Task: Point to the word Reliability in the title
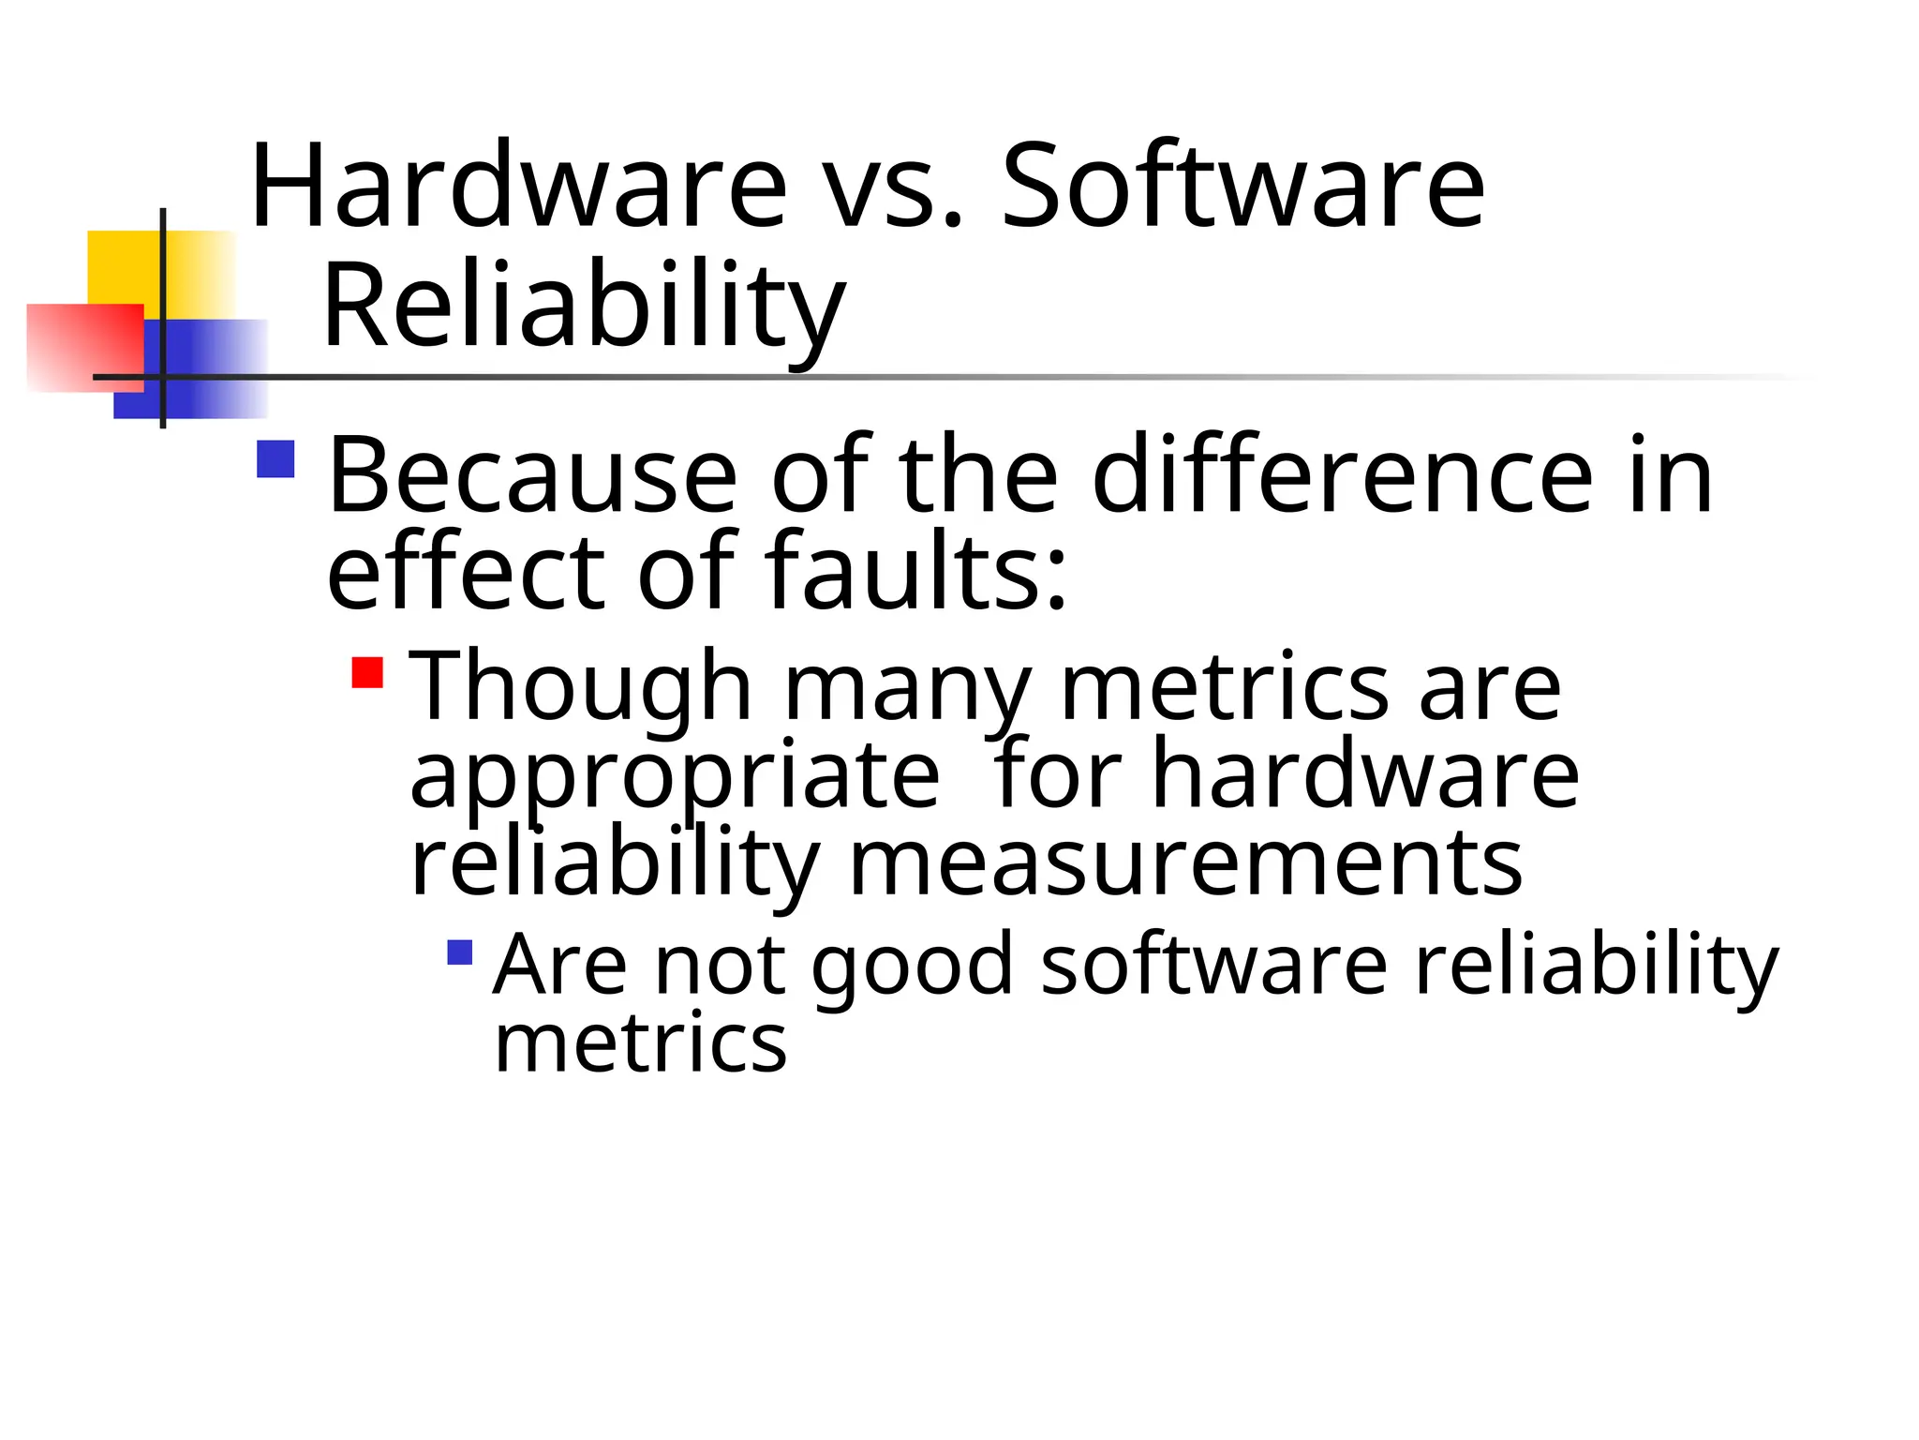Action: [584, 307]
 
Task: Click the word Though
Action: [582, 688]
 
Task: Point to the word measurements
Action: [1185, 863]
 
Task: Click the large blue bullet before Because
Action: [275, 459]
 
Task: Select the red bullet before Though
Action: [367, 672]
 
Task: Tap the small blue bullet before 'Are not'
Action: [460, 952]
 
